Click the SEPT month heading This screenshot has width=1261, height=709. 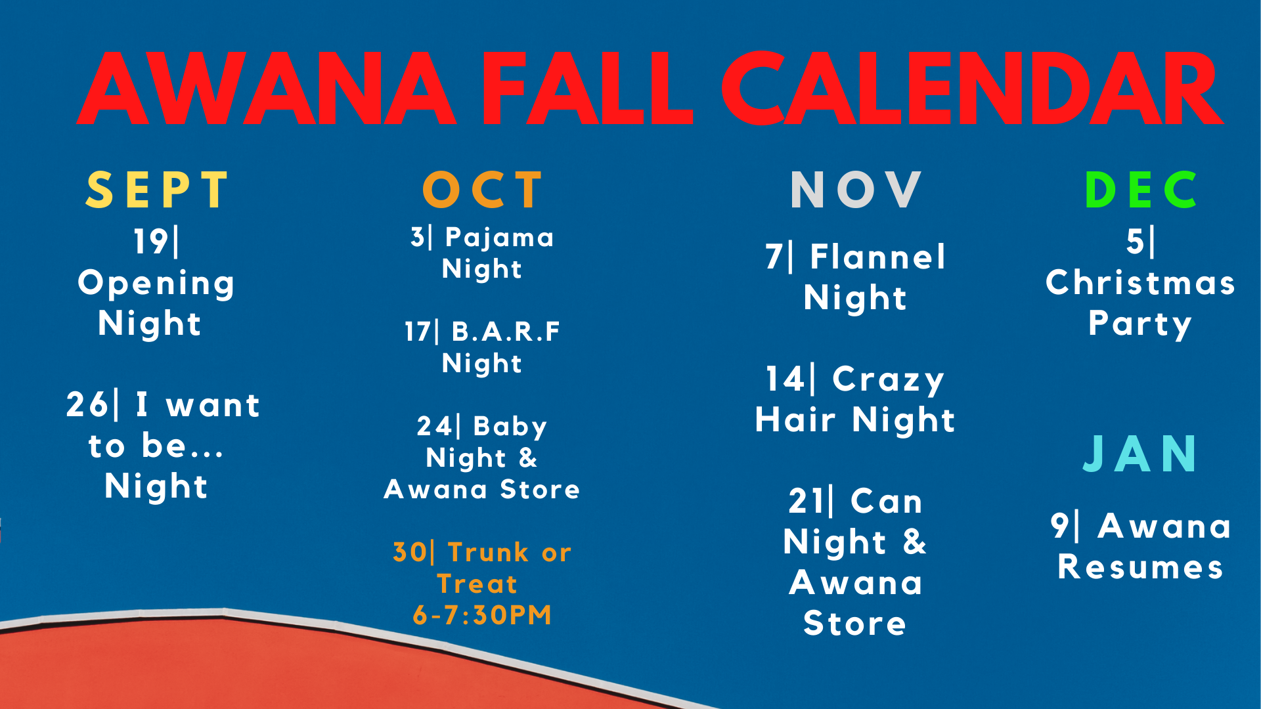pyautogui.click(x=157, y=190)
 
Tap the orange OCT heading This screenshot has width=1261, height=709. pyautogui.click(x=483, y=190)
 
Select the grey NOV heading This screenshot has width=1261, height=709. pyautogui.click(x=856, y=190)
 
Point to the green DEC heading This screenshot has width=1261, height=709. pyautogui.click(x=1141, y=190)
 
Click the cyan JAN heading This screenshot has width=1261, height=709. pyautogui.click(x=1140, y=454)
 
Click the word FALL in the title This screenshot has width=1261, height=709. pyautogui.click(x=588, y=89)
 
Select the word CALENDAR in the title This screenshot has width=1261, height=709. pyautogui.click(x=972, y=89)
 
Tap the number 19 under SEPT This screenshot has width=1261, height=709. pyautogui.click(x=150, y=241)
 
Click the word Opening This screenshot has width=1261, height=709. pyautogui.click(x=156, y=284)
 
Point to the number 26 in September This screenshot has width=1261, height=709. pyautogui.click(x=87, y=404)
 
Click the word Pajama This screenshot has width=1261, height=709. pyautogui.click(x=500, y=238)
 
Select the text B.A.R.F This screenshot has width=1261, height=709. pyautogui.click(x=506, y=332)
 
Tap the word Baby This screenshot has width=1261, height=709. pyautogui.click(x=510, y=427)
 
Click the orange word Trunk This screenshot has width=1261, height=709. pyautogui.click(x=488, y=552)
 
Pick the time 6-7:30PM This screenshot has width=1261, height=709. pyautogui.click(x=482, y=615)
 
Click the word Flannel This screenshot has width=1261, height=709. pyautogui.click(x=878, y=257)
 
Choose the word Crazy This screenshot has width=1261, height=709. pyautogui.click(x=889, y=380)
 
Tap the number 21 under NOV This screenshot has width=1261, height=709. pyautogui.click(x=806, y=502)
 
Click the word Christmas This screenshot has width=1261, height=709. pyautogui.click(x=1141, y=283)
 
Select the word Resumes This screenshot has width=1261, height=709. pyautogui.click(x=1141, y=567)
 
